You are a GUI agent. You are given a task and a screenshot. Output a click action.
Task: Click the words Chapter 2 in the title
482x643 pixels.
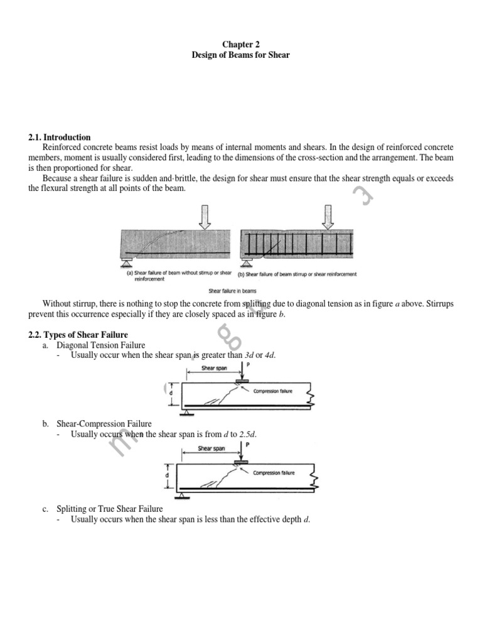241,44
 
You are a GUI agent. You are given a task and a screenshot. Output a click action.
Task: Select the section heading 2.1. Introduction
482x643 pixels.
60,137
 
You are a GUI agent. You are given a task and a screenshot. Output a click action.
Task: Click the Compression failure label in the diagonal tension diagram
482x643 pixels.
273,391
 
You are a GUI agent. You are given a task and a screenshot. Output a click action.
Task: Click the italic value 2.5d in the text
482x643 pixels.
247,434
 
